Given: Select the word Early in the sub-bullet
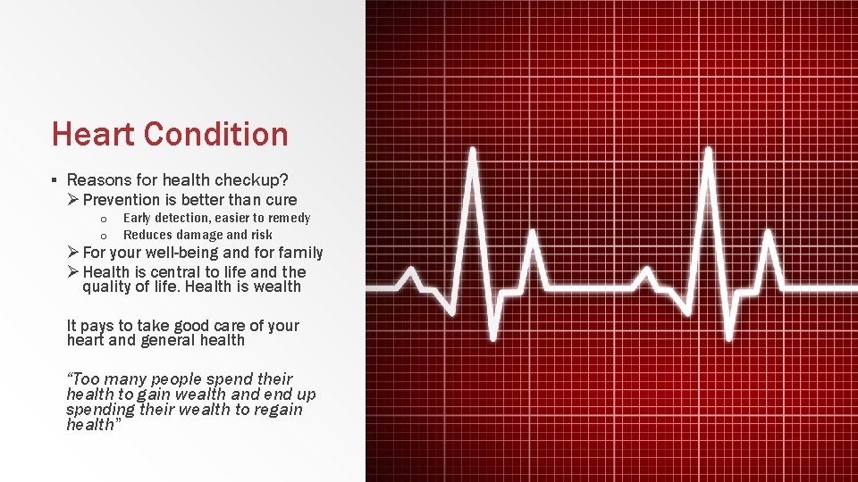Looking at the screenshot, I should [136, 218].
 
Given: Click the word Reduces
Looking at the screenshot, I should [147, 235].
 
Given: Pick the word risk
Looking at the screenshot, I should [262, 235].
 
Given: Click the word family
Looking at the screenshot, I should [300, 253].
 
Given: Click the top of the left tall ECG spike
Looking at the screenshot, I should [473, 152].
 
